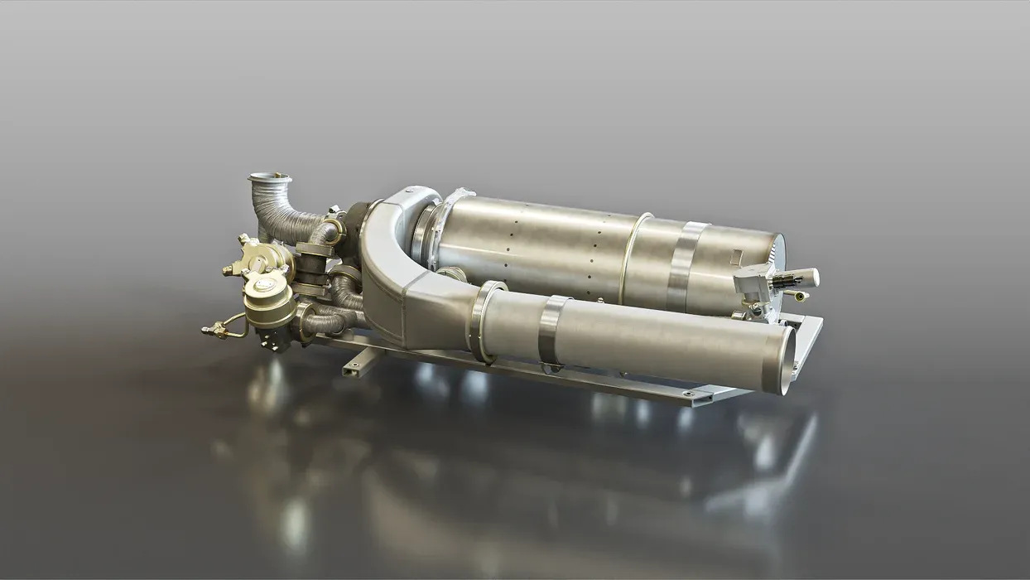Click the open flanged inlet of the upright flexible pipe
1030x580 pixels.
(x=270, y=178)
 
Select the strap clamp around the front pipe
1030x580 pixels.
(x=551, y=331)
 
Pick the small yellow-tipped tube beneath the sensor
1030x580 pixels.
(x=799, y=296)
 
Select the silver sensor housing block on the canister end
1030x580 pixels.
(x=755, y=284)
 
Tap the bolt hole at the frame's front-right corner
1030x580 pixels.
(x=686, y=393)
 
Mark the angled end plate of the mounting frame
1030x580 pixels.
(x=809, y=340)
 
